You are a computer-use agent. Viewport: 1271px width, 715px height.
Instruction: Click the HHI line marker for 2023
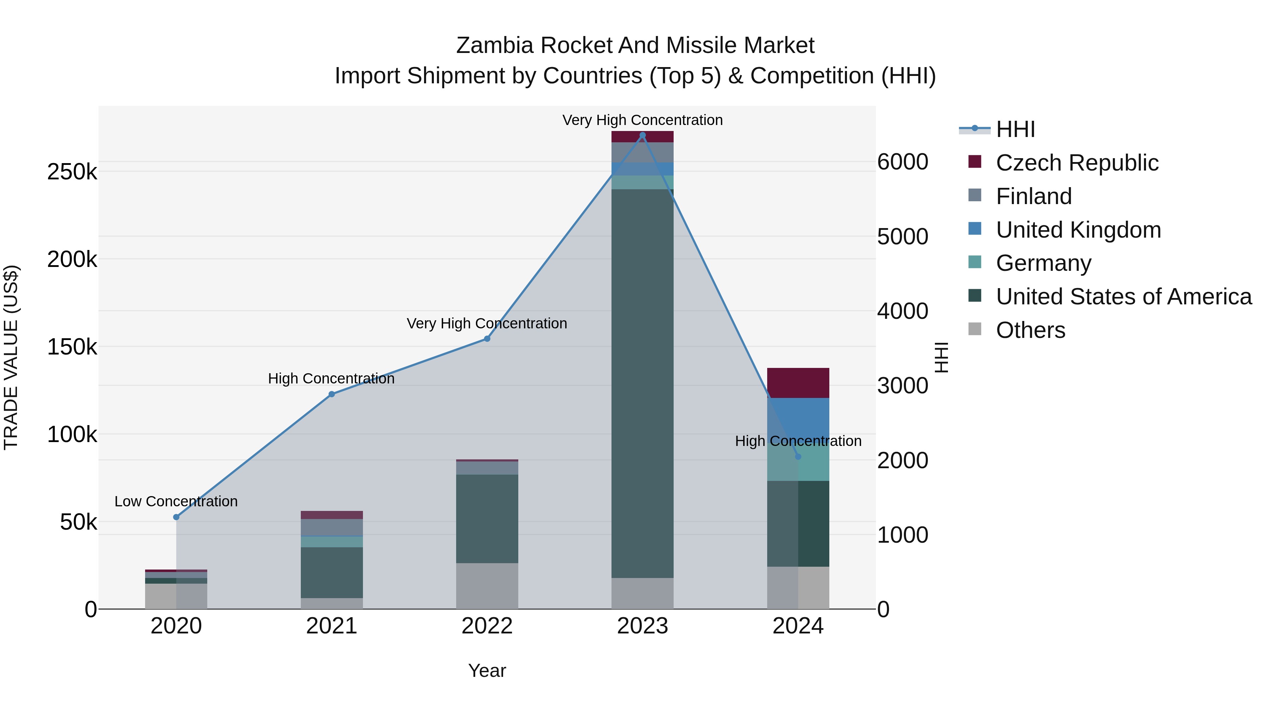point(643,135)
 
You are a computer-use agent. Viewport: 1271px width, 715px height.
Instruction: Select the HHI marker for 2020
point(176,517)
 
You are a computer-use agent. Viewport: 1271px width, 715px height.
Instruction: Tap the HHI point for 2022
point(487,339)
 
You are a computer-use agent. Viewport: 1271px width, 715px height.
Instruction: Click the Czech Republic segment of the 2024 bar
point(798,383)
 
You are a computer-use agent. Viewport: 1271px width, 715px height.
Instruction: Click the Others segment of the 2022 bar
point(487,586)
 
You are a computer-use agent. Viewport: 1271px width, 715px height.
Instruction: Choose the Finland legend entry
point(1034,196)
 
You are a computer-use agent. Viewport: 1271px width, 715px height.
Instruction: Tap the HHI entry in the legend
point(1015,129)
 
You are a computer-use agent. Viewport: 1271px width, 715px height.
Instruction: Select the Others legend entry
point(1030,330)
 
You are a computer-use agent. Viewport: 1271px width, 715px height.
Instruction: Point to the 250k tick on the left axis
point(72,172)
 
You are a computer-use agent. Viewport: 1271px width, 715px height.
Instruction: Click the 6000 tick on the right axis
point(903,162)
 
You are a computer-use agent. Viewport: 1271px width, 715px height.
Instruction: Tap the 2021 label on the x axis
point(332,626)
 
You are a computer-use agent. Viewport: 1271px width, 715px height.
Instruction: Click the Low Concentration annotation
point(176,501)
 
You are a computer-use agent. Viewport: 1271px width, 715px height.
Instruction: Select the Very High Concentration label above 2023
point(643,120)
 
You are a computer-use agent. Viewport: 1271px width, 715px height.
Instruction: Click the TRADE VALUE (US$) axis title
point(11,357)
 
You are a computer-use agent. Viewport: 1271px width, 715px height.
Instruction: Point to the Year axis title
point(487,671)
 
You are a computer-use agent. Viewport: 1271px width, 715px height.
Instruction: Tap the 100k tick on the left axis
point(72,435)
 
